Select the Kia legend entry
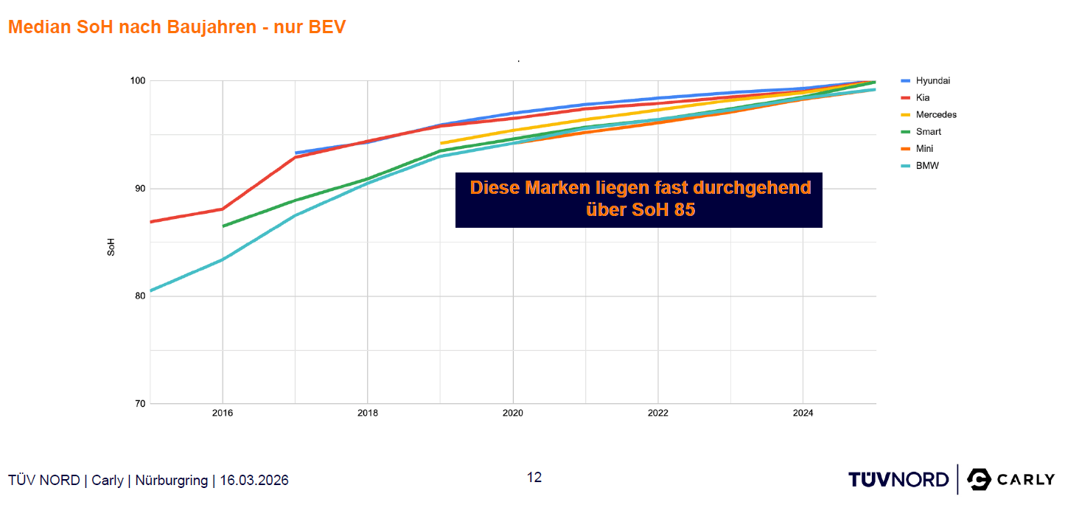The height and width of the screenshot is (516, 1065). click(x=923, y=97)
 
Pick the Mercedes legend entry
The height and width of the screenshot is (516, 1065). click(x=936, y=114)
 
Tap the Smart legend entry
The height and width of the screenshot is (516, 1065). click(x=928, y=131)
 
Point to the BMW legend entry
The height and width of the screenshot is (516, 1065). click(x=927, y=166)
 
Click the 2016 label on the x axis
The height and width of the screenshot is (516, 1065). click(x=223, y=414)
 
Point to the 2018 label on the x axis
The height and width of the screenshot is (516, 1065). click(x=368, y=414)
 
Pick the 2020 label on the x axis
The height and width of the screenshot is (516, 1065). click(x=513, y=414)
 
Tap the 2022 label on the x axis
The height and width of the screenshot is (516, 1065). click(x=658, y=414)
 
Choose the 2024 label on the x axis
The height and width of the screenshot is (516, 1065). click(x=803, y=414)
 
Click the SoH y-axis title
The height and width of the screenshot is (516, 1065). click(x=111, y=246)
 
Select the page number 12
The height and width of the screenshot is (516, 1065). click(x=534, y=478)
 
